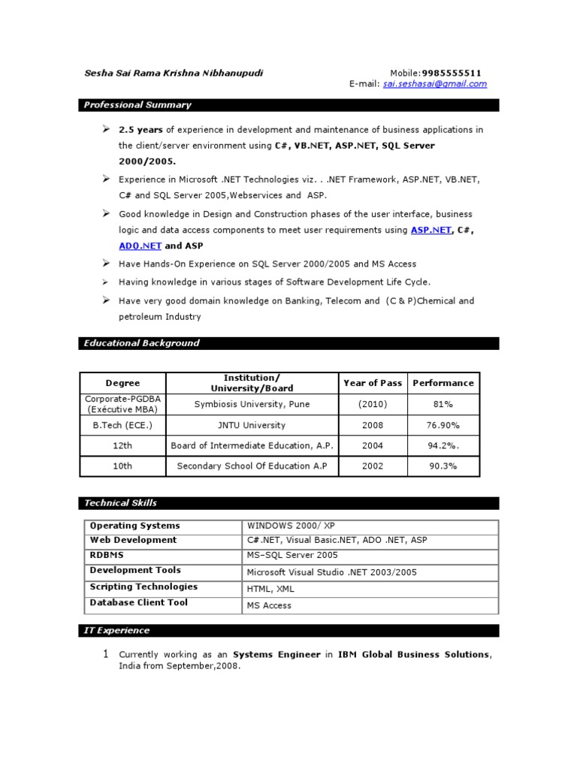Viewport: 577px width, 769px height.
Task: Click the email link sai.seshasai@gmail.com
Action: point(434,84)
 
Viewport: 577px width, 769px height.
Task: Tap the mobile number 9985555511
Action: point(452,73)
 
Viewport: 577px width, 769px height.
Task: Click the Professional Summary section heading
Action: point(137,105)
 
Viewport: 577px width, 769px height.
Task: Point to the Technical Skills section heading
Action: point(120,503)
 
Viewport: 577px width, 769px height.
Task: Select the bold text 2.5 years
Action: point(141,130)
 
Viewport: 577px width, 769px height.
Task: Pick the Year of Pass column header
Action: point(373,383)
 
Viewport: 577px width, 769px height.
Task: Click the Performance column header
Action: point(443,383)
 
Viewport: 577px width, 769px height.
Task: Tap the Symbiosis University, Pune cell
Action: point(252,404)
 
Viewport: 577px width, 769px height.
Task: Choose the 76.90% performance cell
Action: point(443,425)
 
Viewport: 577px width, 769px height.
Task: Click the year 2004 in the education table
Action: point(373,445)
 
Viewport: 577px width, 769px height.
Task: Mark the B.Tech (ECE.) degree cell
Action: point(122,425)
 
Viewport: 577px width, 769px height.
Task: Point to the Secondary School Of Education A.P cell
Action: point(252,466)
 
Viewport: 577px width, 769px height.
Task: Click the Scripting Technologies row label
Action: point(143,587)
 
